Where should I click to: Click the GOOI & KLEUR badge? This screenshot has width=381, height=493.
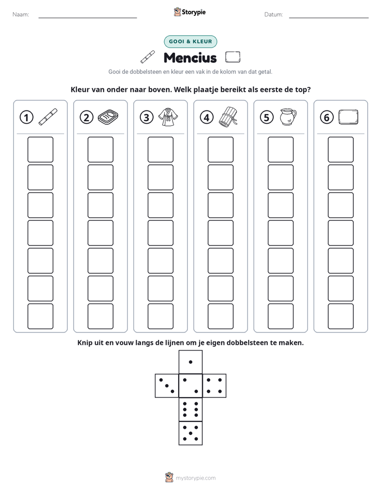190,42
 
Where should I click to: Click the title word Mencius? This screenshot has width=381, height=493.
190,58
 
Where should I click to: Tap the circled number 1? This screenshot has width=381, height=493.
26,117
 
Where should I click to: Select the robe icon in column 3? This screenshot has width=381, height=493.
168,117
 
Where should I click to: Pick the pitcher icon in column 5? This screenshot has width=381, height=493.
288,117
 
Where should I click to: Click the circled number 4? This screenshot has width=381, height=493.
207,117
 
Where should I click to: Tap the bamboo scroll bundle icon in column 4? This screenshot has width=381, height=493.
228,116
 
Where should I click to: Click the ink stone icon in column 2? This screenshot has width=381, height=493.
108,117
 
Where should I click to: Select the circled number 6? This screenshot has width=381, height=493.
327,117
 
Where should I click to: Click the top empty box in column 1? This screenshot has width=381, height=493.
40,149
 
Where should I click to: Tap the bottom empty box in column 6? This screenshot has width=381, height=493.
341,316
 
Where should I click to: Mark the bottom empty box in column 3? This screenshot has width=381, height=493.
160,316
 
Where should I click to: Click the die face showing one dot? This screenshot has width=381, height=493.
190,362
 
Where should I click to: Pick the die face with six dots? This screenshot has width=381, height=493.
190,409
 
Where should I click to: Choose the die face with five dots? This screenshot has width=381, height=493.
190,433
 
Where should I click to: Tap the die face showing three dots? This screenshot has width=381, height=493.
167,386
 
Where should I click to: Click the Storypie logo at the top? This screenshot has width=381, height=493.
189,12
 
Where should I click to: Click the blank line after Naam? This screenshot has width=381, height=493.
88,18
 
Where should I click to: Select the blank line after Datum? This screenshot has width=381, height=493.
329,18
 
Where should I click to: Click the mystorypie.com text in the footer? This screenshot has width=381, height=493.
195,478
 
